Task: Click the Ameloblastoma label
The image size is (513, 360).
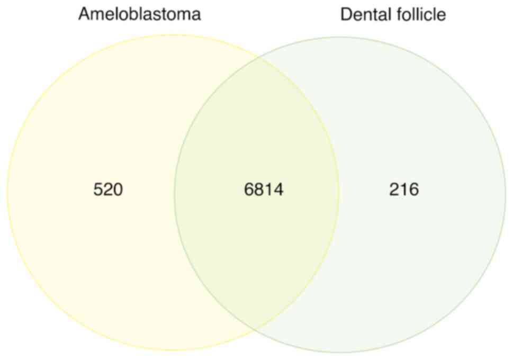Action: [x=139, y=14]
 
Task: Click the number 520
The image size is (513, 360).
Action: [x=108, y=190]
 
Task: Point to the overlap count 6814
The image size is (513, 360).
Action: [x=264, y=190]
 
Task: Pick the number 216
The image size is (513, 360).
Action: [x=404, y=190]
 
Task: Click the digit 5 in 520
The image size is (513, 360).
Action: [x=98, y=190]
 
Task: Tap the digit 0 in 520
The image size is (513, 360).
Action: [x=118, y=190]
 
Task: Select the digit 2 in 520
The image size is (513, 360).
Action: [x=108, y=190]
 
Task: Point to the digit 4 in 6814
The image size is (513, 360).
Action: [x=278, y=190]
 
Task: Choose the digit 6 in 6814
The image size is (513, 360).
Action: [x=249, y=190]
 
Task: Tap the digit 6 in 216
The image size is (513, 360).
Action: [x=414, y=190]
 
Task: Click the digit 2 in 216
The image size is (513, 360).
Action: [x=394, y=190]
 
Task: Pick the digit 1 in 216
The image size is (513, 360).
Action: [x=404, y=190]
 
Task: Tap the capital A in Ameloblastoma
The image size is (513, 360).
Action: [x=84, y=14]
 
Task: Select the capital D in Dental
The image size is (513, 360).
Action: [x=346, y=14]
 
